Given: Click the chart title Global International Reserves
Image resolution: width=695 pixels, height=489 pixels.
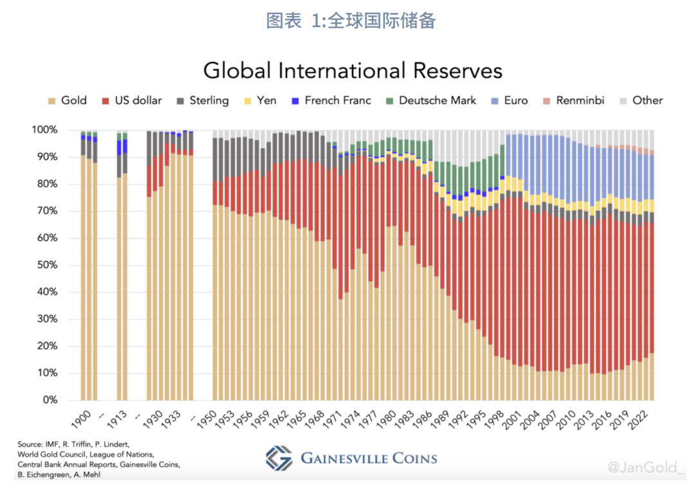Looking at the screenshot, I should (353, 70).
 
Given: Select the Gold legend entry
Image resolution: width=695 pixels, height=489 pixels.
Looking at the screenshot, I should (69, 100).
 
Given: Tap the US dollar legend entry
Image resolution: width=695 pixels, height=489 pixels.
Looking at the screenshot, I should (131, 100).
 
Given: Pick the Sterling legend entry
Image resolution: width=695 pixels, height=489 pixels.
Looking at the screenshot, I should (202, 100).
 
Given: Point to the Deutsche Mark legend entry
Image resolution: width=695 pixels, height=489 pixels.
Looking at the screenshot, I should (431, 100).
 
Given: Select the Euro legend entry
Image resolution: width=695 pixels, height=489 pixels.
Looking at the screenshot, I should (509, 100).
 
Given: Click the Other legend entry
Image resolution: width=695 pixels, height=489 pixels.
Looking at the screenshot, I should (640, 100).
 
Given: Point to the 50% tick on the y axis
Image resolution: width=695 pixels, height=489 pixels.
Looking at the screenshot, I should (46, 265).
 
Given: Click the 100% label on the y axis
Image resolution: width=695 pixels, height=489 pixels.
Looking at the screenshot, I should (44, 130).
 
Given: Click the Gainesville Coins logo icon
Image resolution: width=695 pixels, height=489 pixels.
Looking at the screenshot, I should (279, 458).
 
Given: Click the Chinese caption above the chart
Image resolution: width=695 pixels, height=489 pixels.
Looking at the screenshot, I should (351, 21).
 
